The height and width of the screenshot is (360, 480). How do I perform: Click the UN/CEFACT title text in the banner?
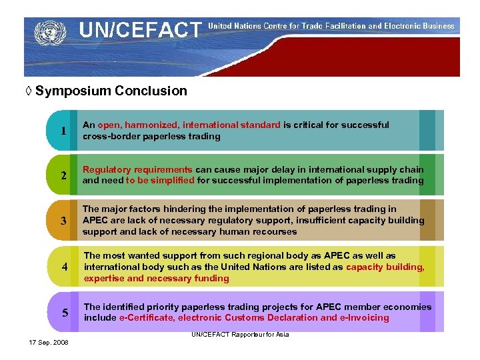[139, 30]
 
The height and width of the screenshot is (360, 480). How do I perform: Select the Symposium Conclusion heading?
[111, 91]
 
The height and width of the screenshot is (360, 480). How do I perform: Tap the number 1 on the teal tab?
[63, 131]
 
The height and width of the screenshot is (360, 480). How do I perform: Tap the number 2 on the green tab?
[63, 176]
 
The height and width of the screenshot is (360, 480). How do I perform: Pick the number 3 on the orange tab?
[63, 221]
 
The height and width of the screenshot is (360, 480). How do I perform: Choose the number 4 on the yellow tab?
[65, 267]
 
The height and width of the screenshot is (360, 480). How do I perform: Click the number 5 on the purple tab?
[65, 313]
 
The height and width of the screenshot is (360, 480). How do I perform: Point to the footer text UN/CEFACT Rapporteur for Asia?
[240, 334]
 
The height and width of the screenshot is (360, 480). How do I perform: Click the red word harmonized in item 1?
[151, 125]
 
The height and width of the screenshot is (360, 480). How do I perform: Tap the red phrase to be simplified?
[159, 181]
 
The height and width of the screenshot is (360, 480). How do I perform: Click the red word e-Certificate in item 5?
[147, 318]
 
